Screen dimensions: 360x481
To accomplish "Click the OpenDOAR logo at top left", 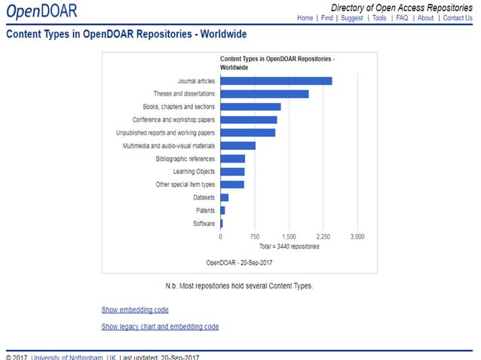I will pos(41,11).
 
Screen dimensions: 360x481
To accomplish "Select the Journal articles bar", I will pos(276,81).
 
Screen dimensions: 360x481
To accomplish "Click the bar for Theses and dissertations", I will pos(265,93).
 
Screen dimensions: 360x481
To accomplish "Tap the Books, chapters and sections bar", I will pos(250,107).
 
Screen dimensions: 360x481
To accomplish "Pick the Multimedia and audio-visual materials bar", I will pos(237,145).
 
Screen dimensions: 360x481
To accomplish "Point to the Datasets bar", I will pos(224,197).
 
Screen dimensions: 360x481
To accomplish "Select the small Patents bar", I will pos(222,210).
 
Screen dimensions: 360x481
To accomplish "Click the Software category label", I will pos(204,224).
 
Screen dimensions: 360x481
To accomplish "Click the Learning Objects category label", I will pos(194,172).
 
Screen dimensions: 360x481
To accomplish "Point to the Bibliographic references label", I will pos(185,159).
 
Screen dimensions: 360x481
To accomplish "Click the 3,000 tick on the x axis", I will pos(357,236).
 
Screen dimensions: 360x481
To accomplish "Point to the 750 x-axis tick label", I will pos(255,236).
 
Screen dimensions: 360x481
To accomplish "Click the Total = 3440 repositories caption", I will pos(289,246).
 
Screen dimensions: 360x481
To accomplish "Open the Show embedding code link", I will pos(135,310).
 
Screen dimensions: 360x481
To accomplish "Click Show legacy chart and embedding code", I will pos(160,327).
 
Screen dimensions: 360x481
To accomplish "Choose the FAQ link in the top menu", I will pos(402,18).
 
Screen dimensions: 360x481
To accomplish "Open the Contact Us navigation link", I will pos(458,18).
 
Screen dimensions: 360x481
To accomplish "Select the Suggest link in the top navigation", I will pos(351,18).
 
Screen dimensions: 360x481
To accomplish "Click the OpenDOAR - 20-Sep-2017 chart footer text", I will pos(239,262).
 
